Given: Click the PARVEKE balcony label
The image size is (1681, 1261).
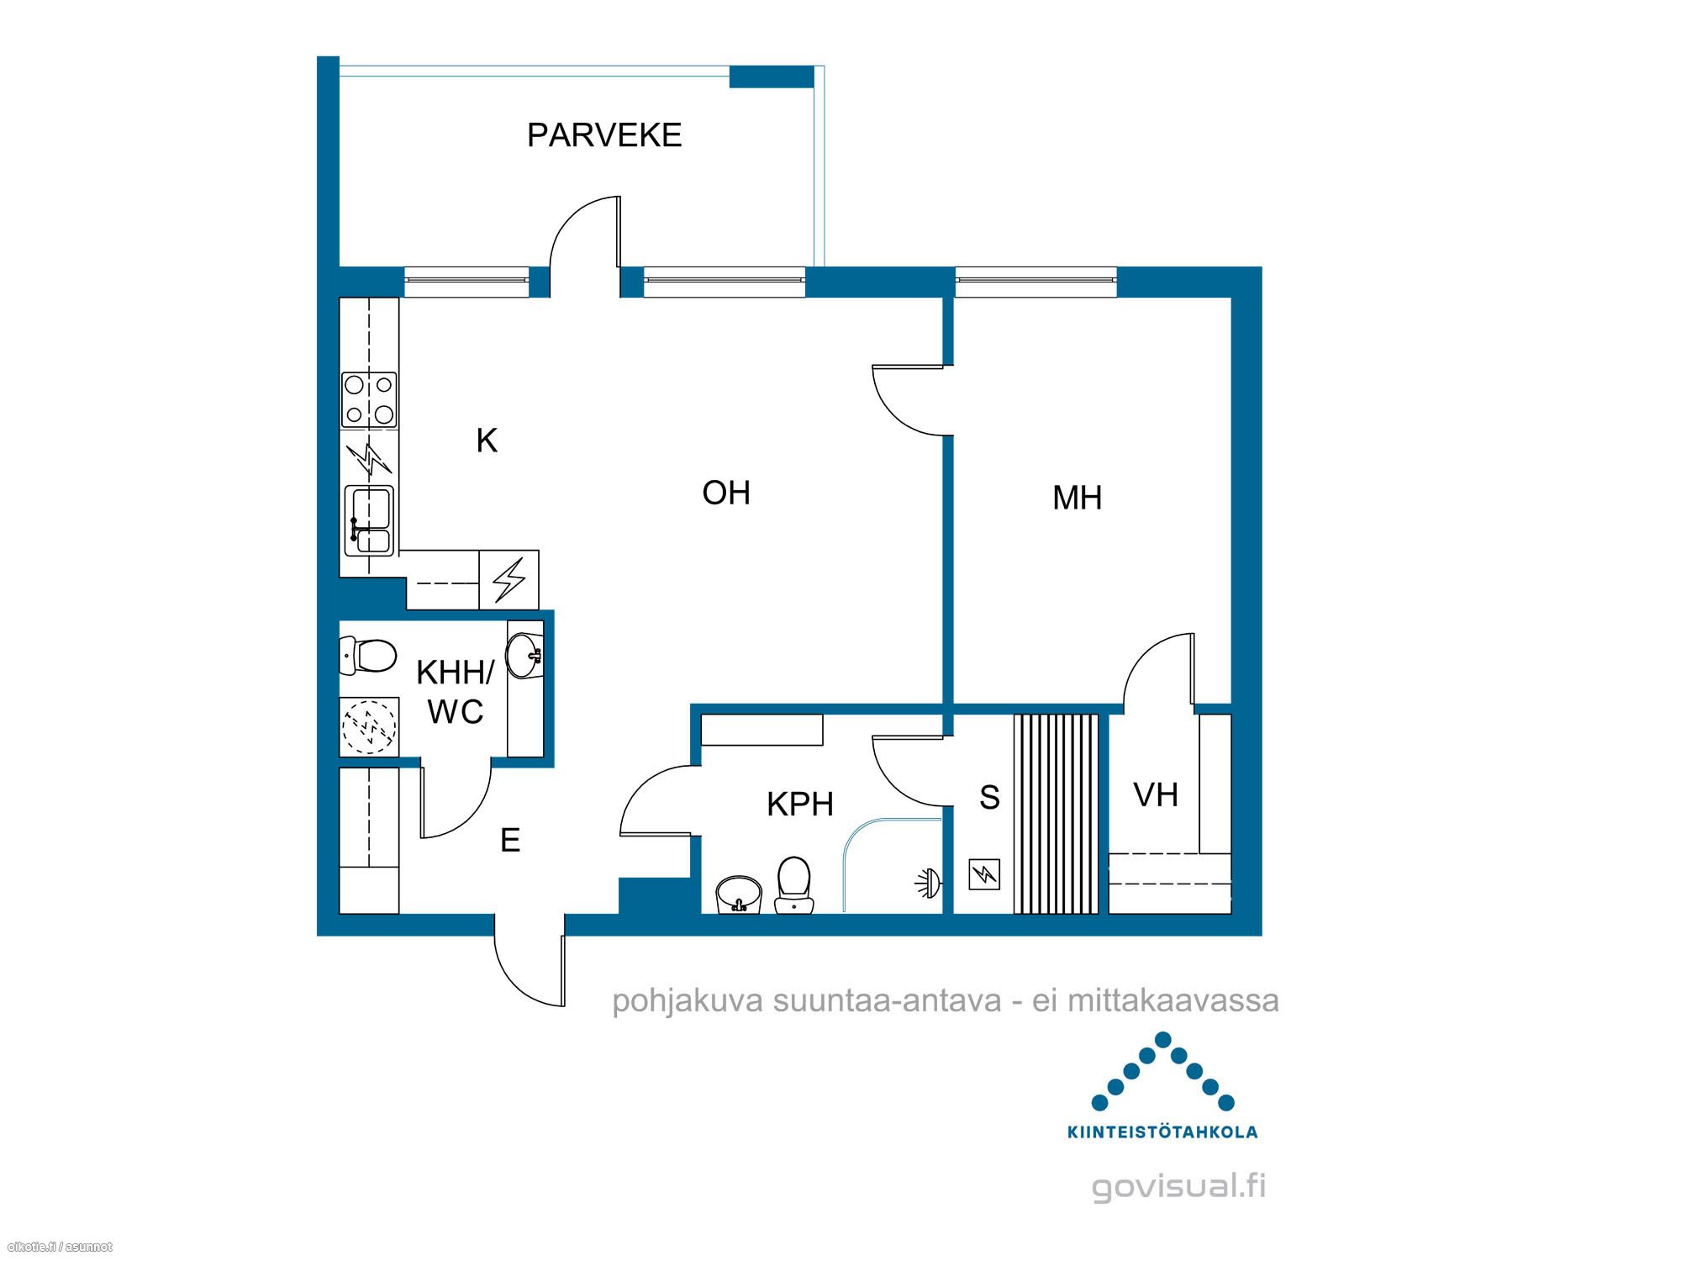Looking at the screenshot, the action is coord(604,135).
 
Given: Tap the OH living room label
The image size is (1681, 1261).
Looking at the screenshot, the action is coord(726,493).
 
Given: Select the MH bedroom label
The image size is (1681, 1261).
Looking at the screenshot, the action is coord(1077,499).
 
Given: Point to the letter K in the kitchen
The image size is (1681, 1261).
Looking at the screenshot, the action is coord(487,441).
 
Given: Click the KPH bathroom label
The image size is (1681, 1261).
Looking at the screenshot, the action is coord(800,805).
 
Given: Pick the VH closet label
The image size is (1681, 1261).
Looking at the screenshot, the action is coord(1156,795).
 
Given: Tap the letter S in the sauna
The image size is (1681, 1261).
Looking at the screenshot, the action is coord(989,797).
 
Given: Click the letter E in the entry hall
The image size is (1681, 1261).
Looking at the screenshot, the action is coord(510,840).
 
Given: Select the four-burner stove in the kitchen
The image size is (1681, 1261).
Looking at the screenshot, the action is coord(369,399).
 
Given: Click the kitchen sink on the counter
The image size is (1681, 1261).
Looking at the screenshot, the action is coord(369,520).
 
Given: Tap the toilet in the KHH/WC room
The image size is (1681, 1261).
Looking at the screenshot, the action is coord(368,656).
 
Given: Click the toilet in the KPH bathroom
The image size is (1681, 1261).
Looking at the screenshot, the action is coord(793,884).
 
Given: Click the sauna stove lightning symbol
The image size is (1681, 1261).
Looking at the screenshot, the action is coord(984,874).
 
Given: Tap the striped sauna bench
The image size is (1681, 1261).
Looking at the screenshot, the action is coord(1057,814).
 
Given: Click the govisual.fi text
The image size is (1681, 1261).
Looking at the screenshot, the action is coord(1178,1187).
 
